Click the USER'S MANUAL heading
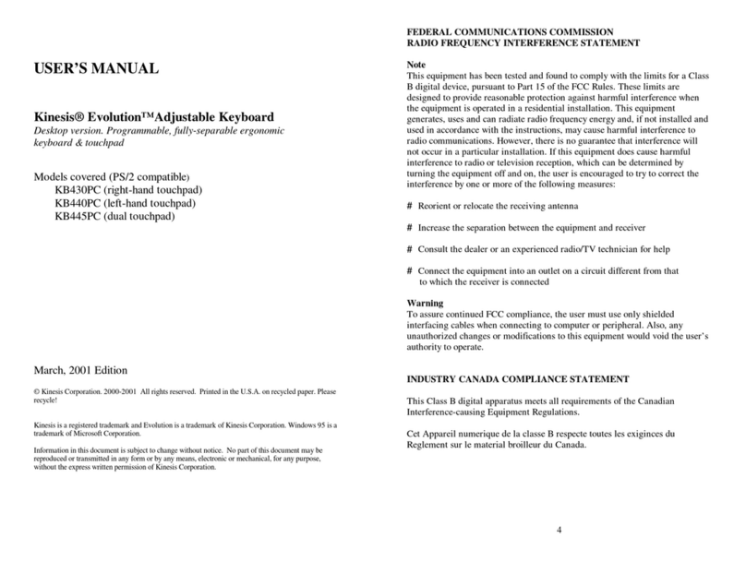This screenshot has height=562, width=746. (97, 68)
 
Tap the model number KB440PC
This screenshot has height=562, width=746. (76, 203)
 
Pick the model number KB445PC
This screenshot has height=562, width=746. (76, 217)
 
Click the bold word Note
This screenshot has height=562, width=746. (417, 63)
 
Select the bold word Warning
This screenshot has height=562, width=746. (426, 303)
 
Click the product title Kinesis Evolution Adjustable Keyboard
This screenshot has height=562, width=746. (152, 117)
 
